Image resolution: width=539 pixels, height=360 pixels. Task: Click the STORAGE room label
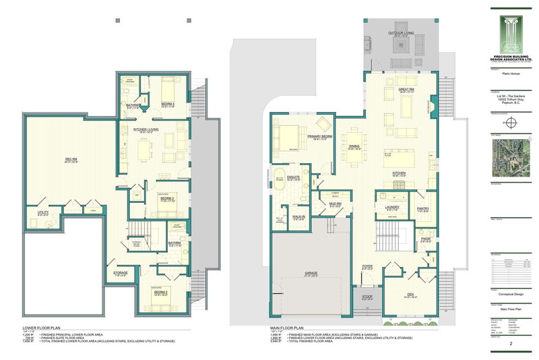pos(120,272)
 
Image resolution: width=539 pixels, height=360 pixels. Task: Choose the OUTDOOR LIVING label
pos(400,32)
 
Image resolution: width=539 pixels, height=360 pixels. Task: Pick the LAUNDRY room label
pos(391,207)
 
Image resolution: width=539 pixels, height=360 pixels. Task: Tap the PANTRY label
pos(424,209)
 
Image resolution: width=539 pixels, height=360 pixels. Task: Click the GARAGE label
pos(312,272)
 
